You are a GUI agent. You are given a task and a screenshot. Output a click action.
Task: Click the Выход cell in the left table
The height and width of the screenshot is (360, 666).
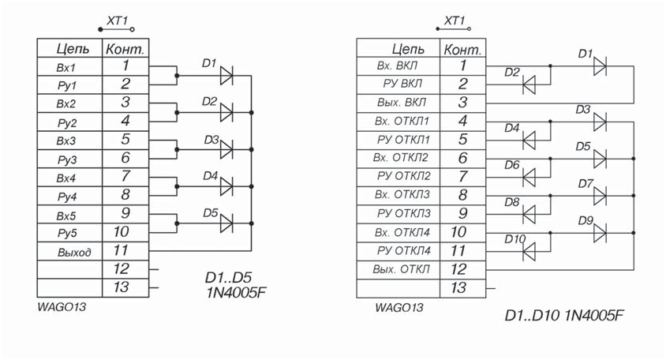(69, 251)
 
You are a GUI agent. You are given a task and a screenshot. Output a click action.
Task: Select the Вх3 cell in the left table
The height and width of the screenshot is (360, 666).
(69, 141)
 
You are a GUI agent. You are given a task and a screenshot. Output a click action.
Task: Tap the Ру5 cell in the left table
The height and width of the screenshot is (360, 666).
(69, 233)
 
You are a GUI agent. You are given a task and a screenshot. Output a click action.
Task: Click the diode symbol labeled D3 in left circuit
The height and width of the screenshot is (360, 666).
(226, 150)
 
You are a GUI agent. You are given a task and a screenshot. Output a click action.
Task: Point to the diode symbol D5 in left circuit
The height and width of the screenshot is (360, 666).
(226, 223)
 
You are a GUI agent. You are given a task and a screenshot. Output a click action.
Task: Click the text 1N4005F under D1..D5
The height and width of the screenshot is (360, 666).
(236, 292)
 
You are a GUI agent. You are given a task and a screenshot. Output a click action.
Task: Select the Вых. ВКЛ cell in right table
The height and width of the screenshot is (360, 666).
(398, 103)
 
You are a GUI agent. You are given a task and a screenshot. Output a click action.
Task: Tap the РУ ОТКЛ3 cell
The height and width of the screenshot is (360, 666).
(398, 214)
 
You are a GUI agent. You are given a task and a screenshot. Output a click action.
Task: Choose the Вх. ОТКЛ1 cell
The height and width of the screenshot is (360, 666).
(398, 122)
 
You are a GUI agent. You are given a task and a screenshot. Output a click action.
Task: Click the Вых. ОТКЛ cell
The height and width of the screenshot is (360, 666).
(398, 270)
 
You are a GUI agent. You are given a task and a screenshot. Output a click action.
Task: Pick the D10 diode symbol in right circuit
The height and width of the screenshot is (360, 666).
(529, 252)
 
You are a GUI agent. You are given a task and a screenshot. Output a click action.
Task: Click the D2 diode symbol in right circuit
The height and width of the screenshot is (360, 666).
(529, 85)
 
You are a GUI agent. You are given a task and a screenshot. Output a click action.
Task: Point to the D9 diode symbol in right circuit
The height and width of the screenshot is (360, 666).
(600, 233)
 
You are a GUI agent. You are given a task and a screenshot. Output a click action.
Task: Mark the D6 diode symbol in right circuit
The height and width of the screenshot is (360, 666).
(529, 177)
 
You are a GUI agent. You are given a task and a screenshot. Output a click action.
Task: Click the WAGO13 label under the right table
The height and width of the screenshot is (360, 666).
(398, 307)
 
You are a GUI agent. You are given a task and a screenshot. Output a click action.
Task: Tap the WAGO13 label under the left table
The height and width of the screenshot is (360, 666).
(62, 307)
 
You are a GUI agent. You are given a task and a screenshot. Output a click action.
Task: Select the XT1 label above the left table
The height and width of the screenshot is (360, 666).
(117, 21)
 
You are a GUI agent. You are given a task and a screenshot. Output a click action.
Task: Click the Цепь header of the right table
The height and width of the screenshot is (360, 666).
(408, 49)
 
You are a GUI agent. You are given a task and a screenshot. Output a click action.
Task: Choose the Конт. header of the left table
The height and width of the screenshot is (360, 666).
(125, 49)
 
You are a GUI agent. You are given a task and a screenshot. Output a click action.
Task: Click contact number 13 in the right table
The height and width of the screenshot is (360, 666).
(458, 288)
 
